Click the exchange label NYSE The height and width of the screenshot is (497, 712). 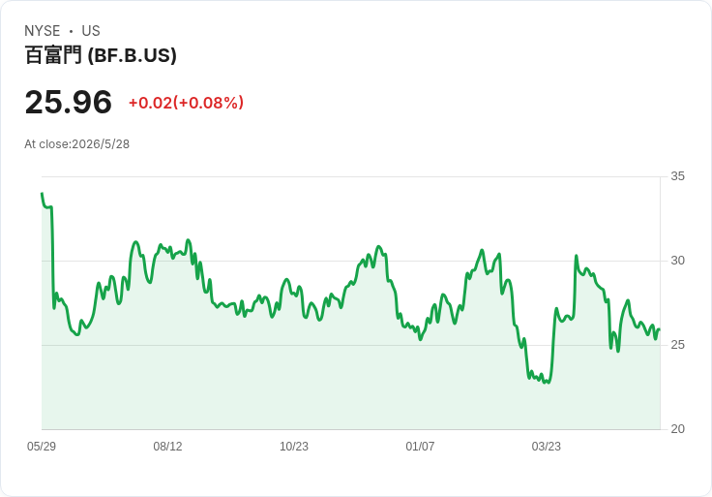tap(43, 31)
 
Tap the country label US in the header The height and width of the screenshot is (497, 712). tap(91, 31)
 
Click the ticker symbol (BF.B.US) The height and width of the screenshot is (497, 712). tap(133, 55)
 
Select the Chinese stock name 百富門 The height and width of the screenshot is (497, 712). tap(53, 55)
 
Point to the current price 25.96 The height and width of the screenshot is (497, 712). tap(68, 102)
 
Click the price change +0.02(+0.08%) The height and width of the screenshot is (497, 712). tap(186, 103)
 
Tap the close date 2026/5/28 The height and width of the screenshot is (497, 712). tap(101, 144)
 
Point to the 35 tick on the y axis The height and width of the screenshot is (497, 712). tap(677, 176)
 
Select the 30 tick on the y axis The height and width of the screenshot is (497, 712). tap(677, 261)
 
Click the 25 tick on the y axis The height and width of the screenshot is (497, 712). tap(677, 345)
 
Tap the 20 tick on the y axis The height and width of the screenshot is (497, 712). tap(677, 429)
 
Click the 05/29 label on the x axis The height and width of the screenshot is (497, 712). tap(42, 447)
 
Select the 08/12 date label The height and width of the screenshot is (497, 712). tap(167, 447)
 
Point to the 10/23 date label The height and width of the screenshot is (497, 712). tap(294, 447)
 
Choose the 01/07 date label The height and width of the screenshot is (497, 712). tap(420, 447)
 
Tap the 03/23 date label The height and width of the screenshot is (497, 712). tap(547, 447)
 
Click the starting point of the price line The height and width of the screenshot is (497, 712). tap(42, 194)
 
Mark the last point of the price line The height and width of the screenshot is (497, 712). tap(660, 329)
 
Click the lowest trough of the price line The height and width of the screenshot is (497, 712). tap(549, 383)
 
